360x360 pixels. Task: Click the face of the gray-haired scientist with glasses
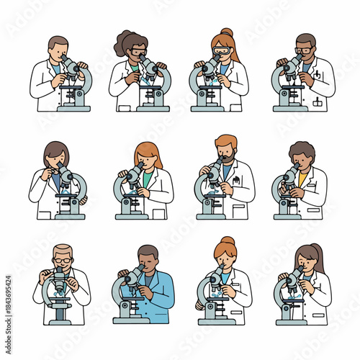(x=63, y=261)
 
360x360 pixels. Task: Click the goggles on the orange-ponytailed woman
(x=222, y=52)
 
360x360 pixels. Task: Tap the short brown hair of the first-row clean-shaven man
(x=58, y=42)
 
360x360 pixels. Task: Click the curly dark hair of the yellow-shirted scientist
(x=302, y=149)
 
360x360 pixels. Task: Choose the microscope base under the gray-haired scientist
(x=58, y=319)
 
